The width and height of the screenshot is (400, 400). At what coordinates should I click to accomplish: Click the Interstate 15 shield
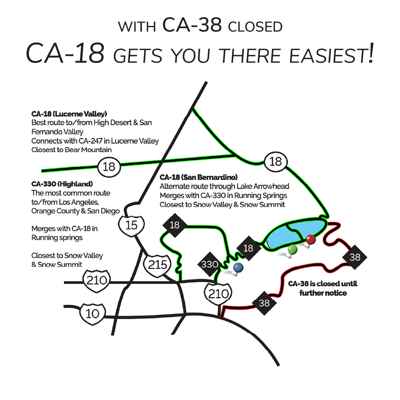[x=131, y=224]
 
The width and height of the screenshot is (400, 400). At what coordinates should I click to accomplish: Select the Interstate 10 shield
[x=92, y=314]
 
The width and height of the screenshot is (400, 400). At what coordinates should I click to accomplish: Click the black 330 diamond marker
[x=209, y=264]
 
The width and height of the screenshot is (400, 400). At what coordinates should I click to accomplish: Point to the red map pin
[x=311, y=239]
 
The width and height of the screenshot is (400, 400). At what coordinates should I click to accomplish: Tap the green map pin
[x=293, y=250]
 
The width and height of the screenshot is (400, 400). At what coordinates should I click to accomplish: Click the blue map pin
[x=238, y=267]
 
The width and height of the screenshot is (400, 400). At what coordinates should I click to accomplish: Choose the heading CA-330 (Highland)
[x=62, y=184]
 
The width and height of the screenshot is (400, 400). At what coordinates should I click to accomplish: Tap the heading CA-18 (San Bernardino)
[x=199, y=177]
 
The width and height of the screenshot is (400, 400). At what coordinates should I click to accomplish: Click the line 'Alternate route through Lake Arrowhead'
[x=224, y=186]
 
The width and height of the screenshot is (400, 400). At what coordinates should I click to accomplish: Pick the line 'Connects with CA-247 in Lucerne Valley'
[x=95, y=141]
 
